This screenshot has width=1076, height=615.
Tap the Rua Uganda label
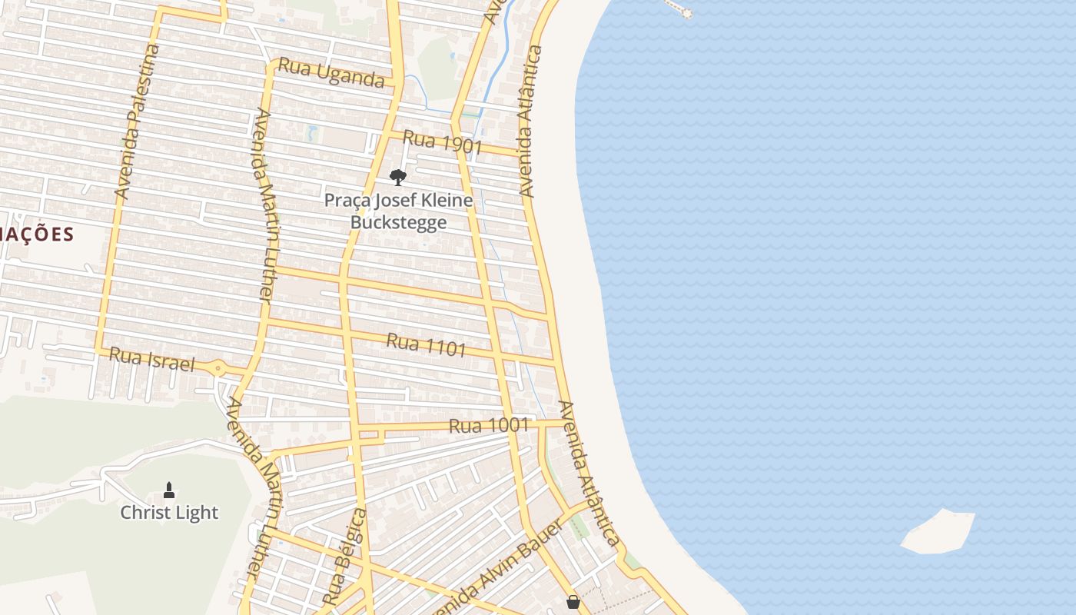[330, 72]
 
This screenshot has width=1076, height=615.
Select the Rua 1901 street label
[442, 142]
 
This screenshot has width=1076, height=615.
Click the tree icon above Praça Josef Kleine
[397, 178]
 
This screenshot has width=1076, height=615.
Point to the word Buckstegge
[398, 223]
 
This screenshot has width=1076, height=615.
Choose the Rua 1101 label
[426, 344]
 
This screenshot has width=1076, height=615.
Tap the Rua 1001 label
[489, 425]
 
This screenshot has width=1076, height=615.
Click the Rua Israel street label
[151, 359]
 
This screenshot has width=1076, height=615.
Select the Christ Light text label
[169, 513]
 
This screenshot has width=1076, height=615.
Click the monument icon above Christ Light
[169, 490]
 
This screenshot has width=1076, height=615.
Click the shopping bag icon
[573, 602]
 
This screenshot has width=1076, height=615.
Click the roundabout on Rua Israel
[219, 369]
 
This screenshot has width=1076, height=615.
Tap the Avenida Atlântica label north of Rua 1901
[531, 121]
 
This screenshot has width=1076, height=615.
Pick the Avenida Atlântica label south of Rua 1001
[589, 473]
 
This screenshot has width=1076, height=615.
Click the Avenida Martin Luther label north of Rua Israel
[264, 206]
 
